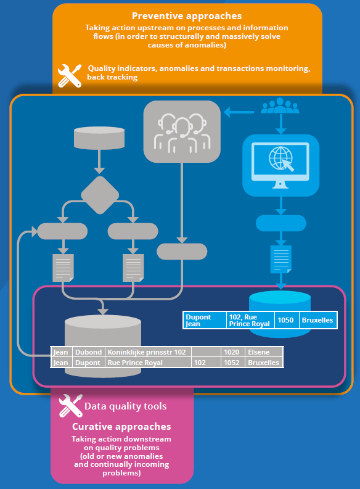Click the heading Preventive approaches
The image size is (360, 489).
pos(187,16)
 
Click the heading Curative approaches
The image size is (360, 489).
pos(121,427)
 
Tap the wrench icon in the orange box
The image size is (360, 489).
pos(70,75)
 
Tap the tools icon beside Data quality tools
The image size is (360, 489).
pos(71,406)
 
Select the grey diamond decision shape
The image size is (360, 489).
pos(100,195)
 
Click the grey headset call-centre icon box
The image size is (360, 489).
pos(182,131)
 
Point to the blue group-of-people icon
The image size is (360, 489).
pos(280,105)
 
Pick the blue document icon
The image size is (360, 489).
pos(281,260)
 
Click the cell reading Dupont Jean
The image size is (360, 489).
pos(205,320)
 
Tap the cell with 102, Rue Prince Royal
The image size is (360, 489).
pos(250,320)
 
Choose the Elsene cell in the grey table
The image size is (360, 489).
pos(264,352)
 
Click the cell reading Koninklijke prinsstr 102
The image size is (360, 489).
pos(148,352)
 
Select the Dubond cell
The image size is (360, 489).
pos(89,352)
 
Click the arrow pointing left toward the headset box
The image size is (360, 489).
pos(239,112)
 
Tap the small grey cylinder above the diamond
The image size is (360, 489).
pos(99,138)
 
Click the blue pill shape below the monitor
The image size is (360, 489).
pos(281,223)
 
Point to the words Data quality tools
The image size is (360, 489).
pos(126,406)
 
